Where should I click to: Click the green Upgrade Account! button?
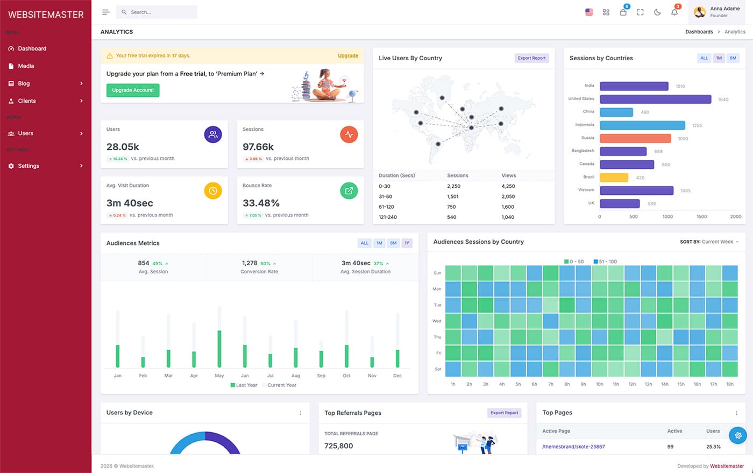pyautogui.click(x=132, y=90)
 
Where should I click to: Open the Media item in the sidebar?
pyautogui.click(x=26, y=66)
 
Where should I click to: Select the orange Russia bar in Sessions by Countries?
pyautogui.click(x=635, y=138)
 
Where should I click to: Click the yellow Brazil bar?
pyautogui.click(x=614, y=178)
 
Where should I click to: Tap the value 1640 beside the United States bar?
pyautogui.click(x=723, y=100)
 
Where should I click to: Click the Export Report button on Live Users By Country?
pyautogui.click(x=531, y=58)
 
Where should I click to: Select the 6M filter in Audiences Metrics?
pyautogui.click(x=393, y=243)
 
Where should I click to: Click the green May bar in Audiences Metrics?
pyautogui.click(x=219, y=349)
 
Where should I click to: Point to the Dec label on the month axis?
pyautogui.click(x=397, y=376)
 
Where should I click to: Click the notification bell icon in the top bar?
pyautogui.click(x=674, y=12)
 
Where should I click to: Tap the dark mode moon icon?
pyautogui.click(x=657, y=12)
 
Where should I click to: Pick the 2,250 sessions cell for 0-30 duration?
pyautogui.click(x=453, y=186)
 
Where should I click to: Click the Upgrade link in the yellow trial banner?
pyautogui.click(x=347, y=56)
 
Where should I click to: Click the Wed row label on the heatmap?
pyautogui.click(x=437, y=321)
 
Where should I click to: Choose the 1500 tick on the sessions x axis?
pyautogui.click(x=701, y=217)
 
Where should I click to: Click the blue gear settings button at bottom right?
pyautogui.click(x=737, y=435)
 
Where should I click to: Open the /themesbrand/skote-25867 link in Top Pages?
pyautogui.click(x=573, y=447)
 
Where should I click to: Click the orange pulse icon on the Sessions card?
pyautogui.click(x=349, y=135)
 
